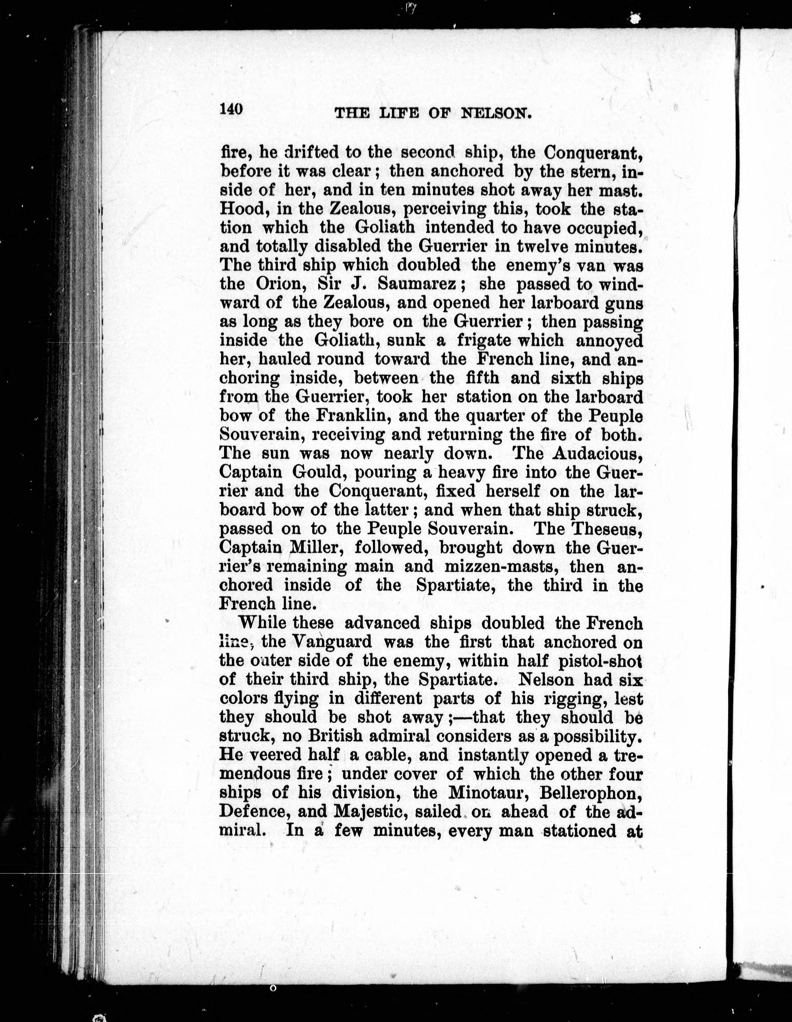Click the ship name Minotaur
[x=488, y=793]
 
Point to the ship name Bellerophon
[x=590, y=793]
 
